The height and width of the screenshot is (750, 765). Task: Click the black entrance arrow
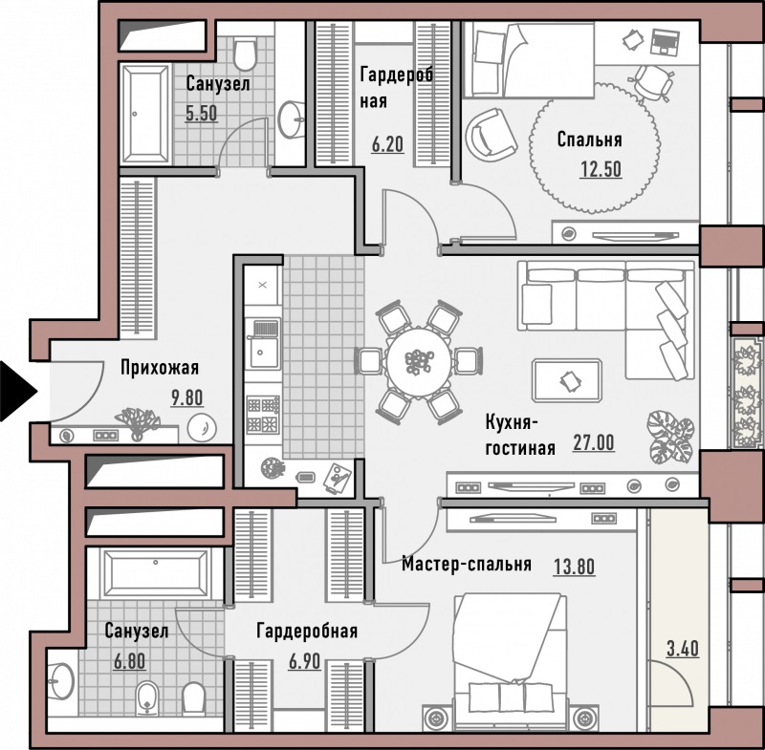tap(17, 391)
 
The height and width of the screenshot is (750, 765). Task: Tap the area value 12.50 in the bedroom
tap(601, 169)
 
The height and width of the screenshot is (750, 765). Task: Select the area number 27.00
tap(593, 442)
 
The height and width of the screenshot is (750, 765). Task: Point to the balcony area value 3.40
tap(683, 649)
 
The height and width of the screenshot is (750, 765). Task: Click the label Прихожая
tap(160, 368)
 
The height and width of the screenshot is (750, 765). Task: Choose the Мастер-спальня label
tap(467, 564)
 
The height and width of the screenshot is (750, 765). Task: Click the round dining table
tap(419, 361)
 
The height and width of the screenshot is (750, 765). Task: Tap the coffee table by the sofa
tap(567, 380)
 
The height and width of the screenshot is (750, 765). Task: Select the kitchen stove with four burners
tap(263, 415)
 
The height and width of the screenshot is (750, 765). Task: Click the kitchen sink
tap(263, 344)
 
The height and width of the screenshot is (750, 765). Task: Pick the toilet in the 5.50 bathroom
tap(245, 54)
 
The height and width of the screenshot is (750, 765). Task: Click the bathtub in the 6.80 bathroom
tap(156, 573)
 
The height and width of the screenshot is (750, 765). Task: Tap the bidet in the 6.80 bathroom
tap(147, 697)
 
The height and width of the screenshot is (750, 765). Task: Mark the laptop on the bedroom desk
tap(665, 41)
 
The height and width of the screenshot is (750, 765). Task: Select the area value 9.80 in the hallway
tap(186, 397)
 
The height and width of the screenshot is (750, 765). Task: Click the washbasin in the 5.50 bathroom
tap(291, 119)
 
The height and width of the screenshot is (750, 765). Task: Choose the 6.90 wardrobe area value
tap(304, 661)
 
